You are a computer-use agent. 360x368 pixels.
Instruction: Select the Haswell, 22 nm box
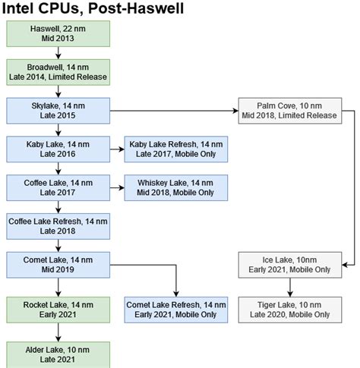pyautogui.click(x=58, y=33)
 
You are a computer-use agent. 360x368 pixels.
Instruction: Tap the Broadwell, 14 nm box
pyautogui.click(x=58, y=71)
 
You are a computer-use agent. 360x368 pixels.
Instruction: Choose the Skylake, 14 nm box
pyautogui.click(x=58, y=110)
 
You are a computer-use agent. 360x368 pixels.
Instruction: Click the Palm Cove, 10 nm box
pyautogui.click(x=290, y=110)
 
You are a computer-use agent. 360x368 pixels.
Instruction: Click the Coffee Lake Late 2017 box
pyautogui.click(x=58, y=187)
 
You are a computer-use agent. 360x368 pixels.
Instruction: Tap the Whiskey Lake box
pyautogui.click(x=176, y=187)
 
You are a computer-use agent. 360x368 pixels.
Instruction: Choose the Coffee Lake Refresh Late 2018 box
pyautogui.click(x=58, y=225)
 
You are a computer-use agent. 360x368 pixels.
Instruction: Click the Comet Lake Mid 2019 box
pyautogui.click(x=58, y=264)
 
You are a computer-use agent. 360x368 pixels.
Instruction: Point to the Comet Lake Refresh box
pyautogui.click(x=176, y=310)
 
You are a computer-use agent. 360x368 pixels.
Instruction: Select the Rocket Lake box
pyautogui.click(x=58, y=310)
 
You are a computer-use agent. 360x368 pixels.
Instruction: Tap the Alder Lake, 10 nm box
pyautogui.click(x=58, y=354)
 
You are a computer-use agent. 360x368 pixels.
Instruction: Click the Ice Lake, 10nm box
pyautogui.click(x=290, y=264)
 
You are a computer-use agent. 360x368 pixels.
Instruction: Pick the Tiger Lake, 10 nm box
pyautogui.click(x=290, y=310)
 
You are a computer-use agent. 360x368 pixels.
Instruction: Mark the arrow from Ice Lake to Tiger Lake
pyautogui.click(x=290, y=287)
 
